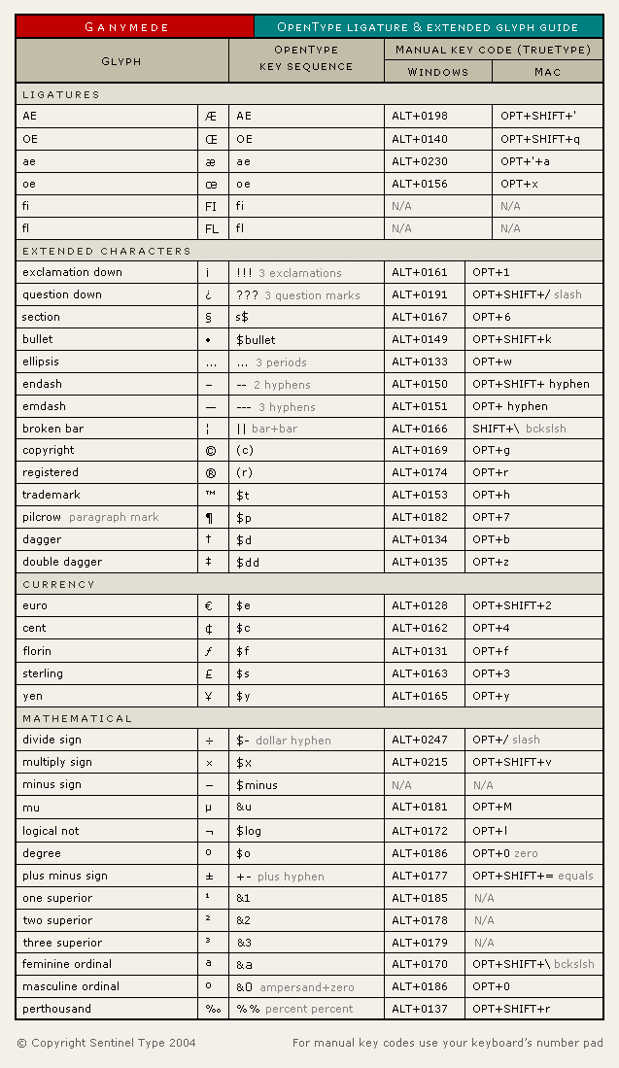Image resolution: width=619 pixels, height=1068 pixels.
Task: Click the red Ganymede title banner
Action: click(x=135, y=26)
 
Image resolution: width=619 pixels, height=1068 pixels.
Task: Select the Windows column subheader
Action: click(x=437, y=72)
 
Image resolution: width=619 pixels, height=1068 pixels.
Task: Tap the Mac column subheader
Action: click(x=547, y=72)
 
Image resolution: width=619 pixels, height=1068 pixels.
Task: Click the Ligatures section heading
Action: click(x=61, y=94)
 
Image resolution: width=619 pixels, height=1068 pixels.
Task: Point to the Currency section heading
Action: click(x=59, y=584)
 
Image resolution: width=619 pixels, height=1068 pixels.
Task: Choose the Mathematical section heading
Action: click(x=77, y=718)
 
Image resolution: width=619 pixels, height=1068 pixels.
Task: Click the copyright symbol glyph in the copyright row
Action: click(x=210, y=451)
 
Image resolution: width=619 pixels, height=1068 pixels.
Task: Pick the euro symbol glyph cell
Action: click(x=209, y=606)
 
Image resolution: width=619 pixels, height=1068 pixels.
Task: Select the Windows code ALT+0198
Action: click(x=420, y=116)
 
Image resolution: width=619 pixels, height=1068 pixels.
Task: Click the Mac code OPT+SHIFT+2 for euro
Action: click(x=511, y=605)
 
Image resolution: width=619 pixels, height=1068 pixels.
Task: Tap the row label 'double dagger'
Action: click(x=62, y=562)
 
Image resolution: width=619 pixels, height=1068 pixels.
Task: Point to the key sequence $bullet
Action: click(x=256, y=340)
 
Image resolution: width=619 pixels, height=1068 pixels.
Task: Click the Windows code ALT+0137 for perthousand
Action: click(x=420, y=1009)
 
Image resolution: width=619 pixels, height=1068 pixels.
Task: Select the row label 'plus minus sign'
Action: click(x=65, y=876)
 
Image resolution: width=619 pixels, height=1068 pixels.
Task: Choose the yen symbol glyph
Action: click(x=209, y=696)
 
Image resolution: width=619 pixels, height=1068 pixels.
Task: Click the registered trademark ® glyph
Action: click(x=210, y=473)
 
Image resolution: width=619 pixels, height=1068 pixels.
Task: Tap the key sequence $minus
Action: click(x=257, y=785)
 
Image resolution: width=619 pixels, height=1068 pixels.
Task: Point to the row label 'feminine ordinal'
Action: click(x=67, y=964)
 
